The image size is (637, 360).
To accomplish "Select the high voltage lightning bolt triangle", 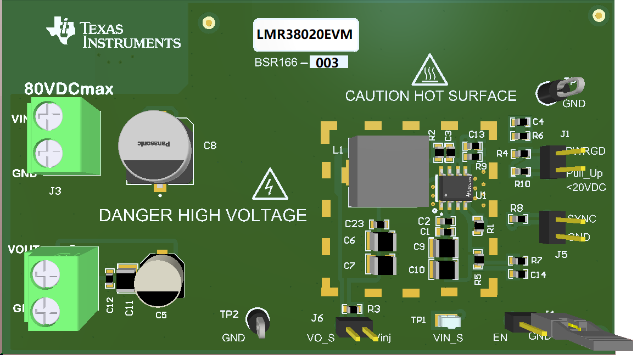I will pos(269,185).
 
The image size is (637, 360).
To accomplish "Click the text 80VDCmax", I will pos(69,89).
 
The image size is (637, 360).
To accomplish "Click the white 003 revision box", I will pos(328,63).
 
